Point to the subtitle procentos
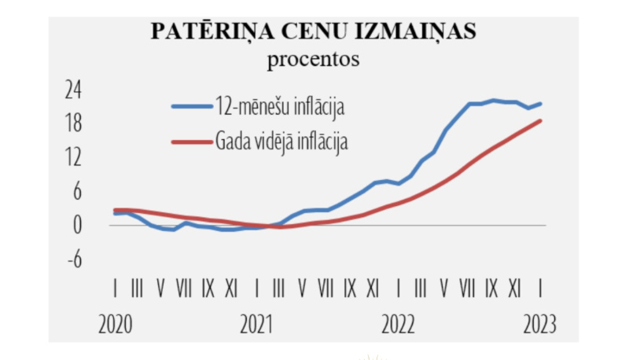313,59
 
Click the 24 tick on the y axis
73,90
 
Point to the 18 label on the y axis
73,123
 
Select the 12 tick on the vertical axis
73,157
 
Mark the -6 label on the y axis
73,259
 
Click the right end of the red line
541,120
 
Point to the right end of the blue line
541,104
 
